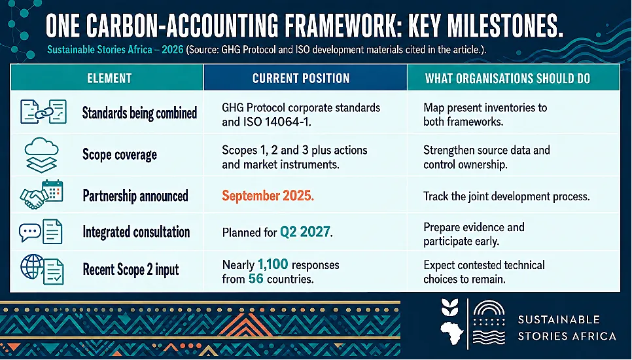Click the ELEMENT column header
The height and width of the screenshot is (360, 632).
pos(109,78)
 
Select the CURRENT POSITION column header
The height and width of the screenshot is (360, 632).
pos(301,78)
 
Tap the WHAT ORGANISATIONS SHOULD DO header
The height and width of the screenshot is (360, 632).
pos(508,78)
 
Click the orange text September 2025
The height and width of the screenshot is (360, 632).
pos(268,196)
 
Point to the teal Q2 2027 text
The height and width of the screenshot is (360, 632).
pos(305,232)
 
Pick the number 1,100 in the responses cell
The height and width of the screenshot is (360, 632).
pos(273,264)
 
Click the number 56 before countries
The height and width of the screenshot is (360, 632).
pos(256,279)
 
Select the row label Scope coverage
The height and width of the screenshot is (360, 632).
pos(120,154)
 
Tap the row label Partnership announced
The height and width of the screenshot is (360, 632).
pos(135,196)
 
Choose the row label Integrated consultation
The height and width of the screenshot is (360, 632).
pos(136,232)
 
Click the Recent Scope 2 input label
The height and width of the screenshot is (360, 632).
pos(131,270)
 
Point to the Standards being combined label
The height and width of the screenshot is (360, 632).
pos(139,113)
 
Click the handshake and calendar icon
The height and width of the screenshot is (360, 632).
pos(41,194)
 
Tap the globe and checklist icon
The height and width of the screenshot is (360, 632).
pos(42,269)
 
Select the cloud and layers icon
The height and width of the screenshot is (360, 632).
pos(41,155)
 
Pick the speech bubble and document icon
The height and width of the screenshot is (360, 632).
pos(41,232)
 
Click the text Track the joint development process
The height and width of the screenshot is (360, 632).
pos(506,196)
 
